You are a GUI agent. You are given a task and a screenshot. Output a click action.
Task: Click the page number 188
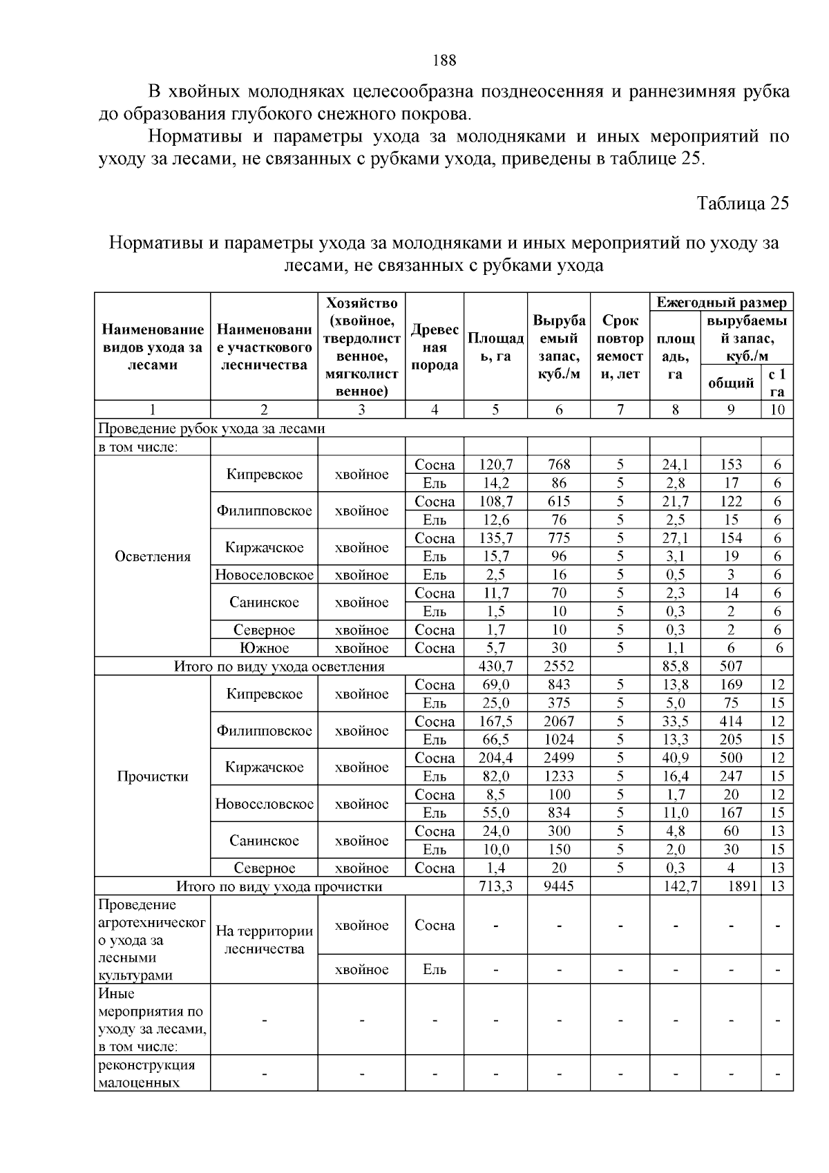[x=444, y=60]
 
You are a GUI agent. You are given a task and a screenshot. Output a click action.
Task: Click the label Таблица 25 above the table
[x=743, y=204]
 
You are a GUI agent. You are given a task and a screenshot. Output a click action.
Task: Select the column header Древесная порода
[x=435, y=347]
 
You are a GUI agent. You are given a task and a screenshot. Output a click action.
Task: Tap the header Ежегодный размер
[x=721, y=303]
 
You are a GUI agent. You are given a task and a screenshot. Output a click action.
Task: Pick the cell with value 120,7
[x=495, y=465]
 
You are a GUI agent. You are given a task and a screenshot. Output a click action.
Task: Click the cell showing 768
[x=559, y=465]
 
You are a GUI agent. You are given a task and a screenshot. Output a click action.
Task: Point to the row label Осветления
[x=153, y=557]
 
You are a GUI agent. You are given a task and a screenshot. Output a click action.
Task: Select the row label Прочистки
[x=153, y=776]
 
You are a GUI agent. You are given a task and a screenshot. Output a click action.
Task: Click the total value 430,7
[x=495, y=666]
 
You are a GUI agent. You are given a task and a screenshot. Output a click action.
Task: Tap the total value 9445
[x=559, y=886]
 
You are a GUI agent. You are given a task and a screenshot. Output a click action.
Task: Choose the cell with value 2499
[x=559, y=758]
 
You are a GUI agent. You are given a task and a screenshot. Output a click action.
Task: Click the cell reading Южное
[x=264, y=648]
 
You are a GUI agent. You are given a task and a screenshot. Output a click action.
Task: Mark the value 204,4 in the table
[x=495, y=758]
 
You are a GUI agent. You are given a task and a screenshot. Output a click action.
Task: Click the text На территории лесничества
[x=264, y=940]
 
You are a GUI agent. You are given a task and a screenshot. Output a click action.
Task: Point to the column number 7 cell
[x=620, y=410]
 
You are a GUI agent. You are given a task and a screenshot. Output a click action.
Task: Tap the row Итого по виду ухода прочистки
[x=279, y=886]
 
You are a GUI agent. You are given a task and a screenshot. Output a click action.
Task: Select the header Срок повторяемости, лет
[x=620, y=347]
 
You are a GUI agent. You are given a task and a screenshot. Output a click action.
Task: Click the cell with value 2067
[x=559, y=721]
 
